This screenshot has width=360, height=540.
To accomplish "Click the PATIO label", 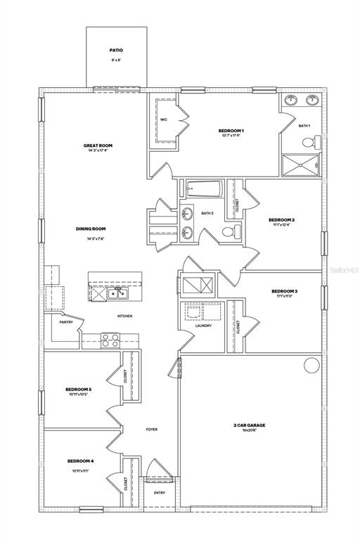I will [x=116, y=51].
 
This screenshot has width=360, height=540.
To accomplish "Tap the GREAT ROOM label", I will [x=98, y=146].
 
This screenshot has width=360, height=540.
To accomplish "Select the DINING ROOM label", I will [x=91, y=229].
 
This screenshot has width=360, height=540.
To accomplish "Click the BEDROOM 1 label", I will [x=231, y=131].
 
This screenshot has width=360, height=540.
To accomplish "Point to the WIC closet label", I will [x=163, y=120].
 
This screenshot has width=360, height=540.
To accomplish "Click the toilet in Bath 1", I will [x=309, y=142].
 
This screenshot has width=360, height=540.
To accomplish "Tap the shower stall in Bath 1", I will [x=300, y=165].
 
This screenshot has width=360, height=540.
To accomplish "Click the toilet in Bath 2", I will [x=229, y=233].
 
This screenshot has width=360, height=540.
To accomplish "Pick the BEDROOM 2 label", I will [x=281, y=220].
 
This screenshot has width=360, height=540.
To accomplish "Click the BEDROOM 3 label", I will [x=284, y=291].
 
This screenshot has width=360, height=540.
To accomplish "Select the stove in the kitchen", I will [x=110, y=340].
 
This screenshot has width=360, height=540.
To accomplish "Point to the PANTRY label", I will [x=66, y=322].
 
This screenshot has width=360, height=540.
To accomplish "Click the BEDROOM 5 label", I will [x=79, y=389].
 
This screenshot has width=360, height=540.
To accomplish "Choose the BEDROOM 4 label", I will [x=80, y=461].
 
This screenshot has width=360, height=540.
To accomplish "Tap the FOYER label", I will [x=152, y=429].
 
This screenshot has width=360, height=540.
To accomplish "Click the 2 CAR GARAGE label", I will [x=250, y=425].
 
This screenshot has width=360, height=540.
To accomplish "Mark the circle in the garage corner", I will [x=311, y=366].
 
